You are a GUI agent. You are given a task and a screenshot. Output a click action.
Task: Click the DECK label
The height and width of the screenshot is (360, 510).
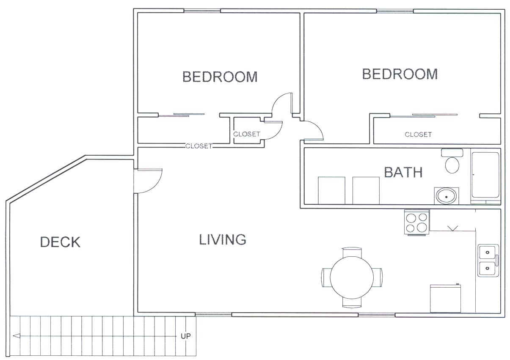60,242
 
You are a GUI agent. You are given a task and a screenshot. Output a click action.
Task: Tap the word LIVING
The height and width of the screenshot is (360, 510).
223,239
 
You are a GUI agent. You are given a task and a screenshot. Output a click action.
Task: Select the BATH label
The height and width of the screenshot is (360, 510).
403,172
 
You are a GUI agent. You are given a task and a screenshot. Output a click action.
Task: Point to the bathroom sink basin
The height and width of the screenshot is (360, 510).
446,196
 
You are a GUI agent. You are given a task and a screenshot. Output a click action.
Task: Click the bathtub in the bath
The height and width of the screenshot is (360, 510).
486,177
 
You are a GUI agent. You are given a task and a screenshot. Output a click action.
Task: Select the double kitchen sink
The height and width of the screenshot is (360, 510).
488,261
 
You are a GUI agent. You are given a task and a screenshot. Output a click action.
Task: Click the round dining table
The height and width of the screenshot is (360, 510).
352,278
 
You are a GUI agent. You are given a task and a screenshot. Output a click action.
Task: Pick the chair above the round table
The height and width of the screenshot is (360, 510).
352,252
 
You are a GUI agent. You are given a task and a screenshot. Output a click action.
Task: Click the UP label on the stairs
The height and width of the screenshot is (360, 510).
185,336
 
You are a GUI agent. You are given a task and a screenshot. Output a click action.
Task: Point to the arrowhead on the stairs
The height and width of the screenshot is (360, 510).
17,336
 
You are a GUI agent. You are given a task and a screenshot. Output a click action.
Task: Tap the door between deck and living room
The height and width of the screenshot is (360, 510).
148,181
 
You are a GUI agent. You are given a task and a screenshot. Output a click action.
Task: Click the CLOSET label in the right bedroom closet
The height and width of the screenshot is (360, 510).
418,135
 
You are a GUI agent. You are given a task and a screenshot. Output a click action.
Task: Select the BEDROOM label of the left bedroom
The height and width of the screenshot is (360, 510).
220,77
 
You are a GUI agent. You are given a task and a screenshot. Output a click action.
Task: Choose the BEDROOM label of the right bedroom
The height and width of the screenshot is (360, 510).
400,74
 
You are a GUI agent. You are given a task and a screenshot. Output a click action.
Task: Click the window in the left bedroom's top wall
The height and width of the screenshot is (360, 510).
202,11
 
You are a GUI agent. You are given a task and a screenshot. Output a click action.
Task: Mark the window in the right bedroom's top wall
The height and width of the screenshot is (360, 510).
395,11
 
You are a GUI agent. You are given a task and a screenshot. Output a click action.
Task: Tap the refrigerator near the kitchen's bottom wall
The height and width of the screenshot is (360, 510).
445,298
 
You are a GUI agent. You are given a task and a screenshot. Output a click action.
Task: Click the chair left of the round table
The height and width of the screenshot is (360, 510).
326,278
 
